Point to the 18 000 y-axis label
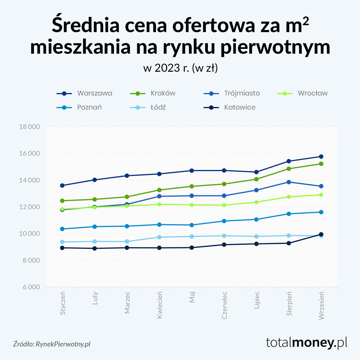[29, 127]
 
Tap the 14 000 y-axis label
[29, 180]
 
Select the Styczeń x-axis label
[62, 303]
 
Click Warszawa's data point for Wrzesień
[321, 157]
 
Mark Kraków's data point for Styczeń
[62, 201]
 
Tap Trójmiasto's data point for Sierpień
[289, 182]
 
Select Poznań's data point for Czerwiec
[224, 221]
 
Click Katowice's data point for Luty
[94, 248]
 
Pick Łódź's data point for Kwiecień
[159, 237]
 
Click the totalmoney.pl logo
[307, 342]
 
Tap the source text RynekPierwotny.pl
[63, 344]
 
